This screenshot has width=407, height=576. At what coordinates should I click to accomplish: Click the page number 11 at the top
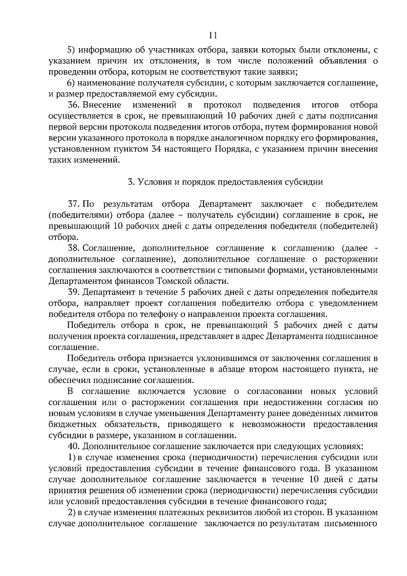pos(213,36)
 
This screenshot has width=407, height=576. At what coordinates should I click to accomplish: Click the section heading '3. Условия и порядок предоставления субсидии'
pos(225,182)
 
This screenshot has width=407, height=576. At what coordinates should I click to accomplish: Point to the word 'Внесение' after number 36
pos(102,105)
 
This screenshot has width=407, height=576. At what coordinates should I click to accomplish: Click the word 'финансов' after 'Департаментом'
pos(136,281)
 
